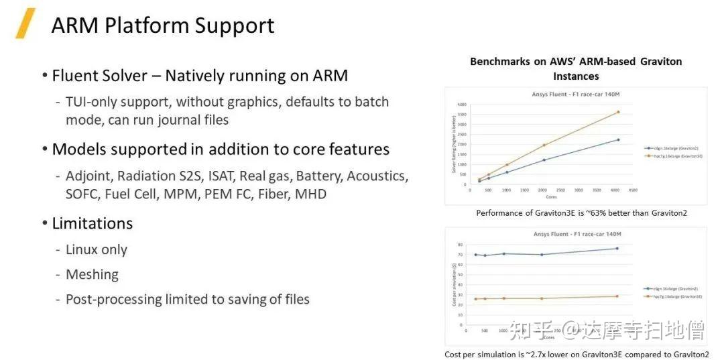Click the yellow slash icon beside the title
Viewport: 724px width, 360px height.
pos(25,24)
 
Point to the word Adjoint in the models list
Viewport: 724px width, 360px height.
pos(89,176)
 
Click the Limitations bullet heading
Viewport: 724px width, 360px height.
pos(92,223)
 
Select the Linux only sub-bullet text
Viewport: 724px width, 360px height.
pos(96,249)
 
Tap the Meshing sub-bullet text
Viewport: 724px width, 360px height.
pos(92,274)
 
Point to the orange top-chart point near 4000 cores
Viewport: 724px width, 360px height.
pos(618,112)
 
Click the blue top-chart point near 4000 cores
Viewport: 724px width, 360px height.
pos(618,139)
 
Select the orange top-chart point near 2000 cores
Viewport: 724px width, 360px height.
pos(544,145)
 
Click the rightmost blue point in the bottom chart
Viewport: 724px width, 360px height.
pos(617,249)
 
